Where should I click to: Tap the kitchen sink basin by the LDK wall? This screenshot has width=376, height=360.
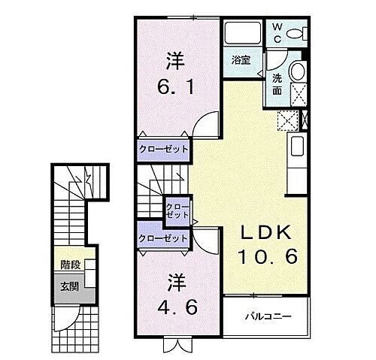pyautogui.click(x=296, y=147)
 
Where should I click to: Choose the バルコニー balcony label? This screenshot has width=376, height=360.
pyautogui.click(x=267, y=315)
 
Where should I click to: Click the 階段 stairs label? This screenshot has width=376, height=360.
pyautogui.click(x=71, y=265)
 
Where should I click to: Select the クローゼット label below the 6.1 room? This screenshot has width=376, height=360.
pyautogui.click(x=163, y=149)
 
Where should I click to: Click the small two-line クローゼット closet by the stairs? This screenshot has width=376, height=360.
pyautogui.click(x=178, y=209)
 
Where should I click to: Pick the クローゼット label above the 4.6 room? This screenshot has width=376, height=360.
pyautogui.click(x=163, y=238)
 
